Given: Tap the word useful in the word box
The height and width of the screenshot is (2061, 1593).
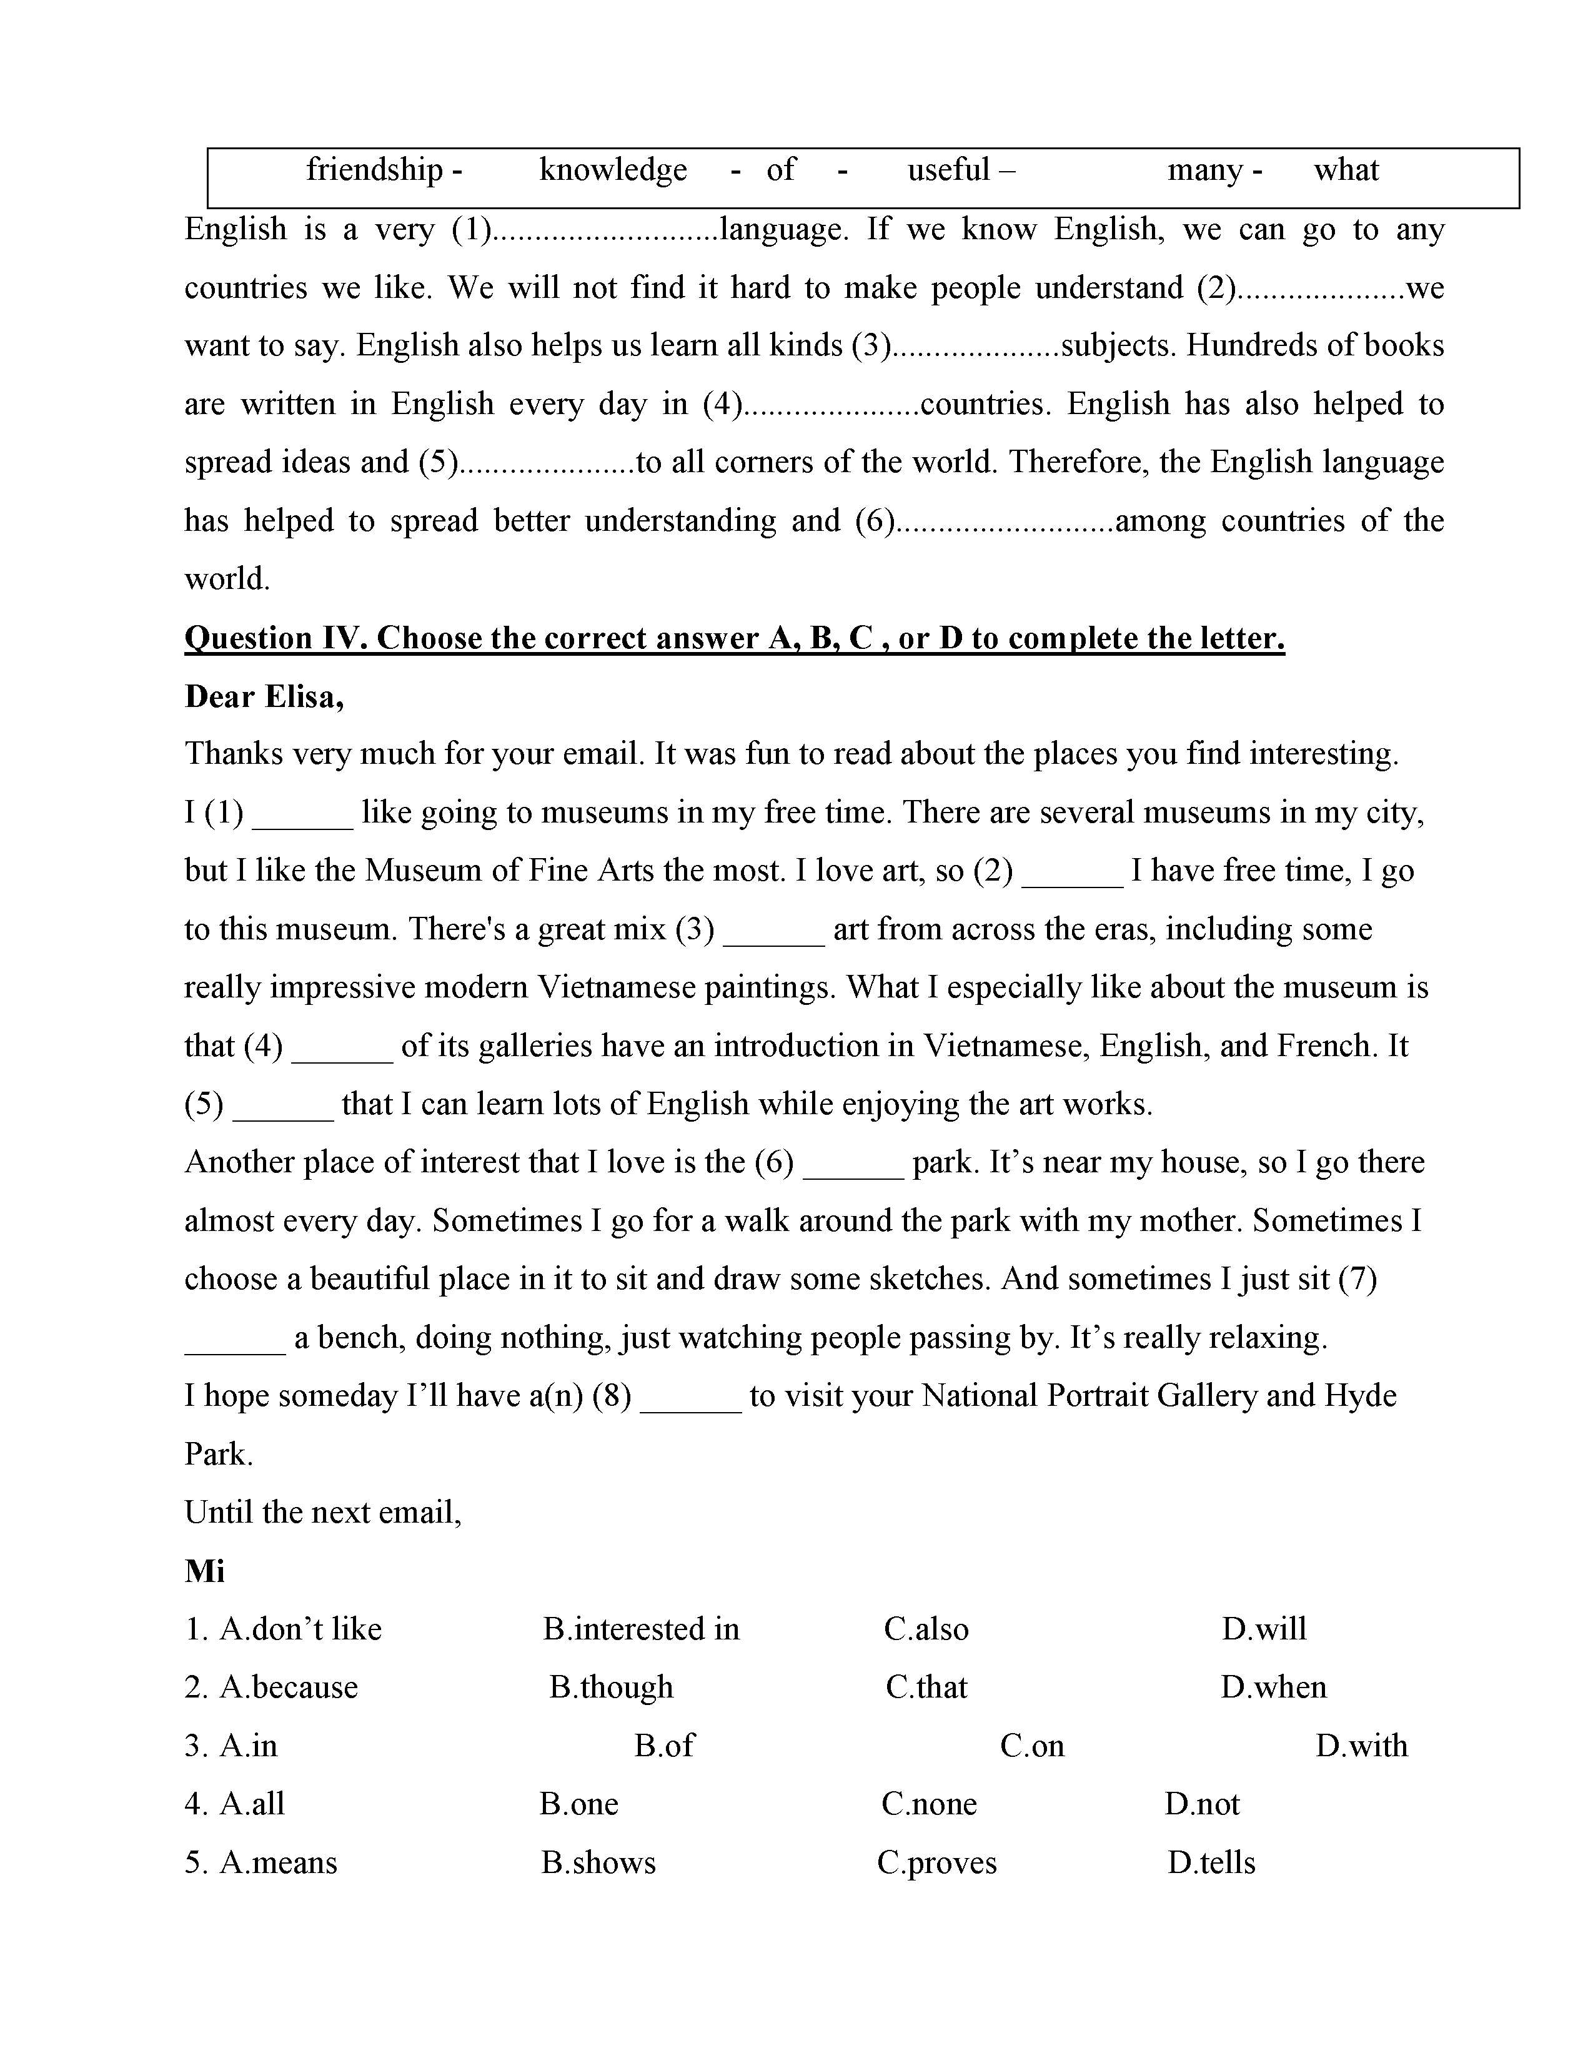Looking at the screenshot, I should click(x=948, y=170).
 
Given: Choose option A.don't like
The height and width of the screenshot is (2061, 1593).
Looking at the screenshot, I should click(x=300, y=1629).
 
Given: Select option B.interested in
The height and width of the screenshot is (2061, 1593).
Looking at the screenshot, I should click(x=641, y=1629).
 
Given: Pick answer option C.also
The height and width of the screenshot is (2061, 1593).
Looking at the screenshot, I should click(x=926, y=1629).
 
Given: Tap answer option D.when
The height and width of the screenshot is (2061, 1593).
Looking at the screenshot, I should click(x=1273, y=1688).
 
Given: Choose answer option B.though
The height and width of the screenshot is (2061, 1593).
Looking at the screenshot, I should click(x=612, y=1688).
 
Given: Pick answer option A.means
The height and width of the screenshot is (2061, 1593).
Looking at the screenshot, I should click(x=279, y=1863).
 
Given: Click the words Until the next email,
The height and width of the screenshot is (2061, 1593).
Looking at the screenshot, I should click(x=323, y=1513).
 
